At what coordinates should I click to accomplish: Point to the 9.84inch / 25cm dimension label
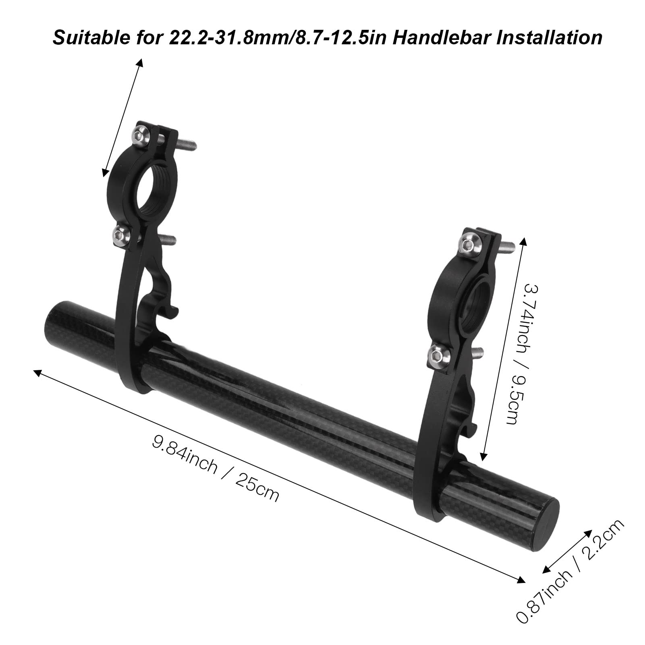215,468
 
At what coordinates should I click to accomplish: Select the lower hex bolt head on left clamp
120,232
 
